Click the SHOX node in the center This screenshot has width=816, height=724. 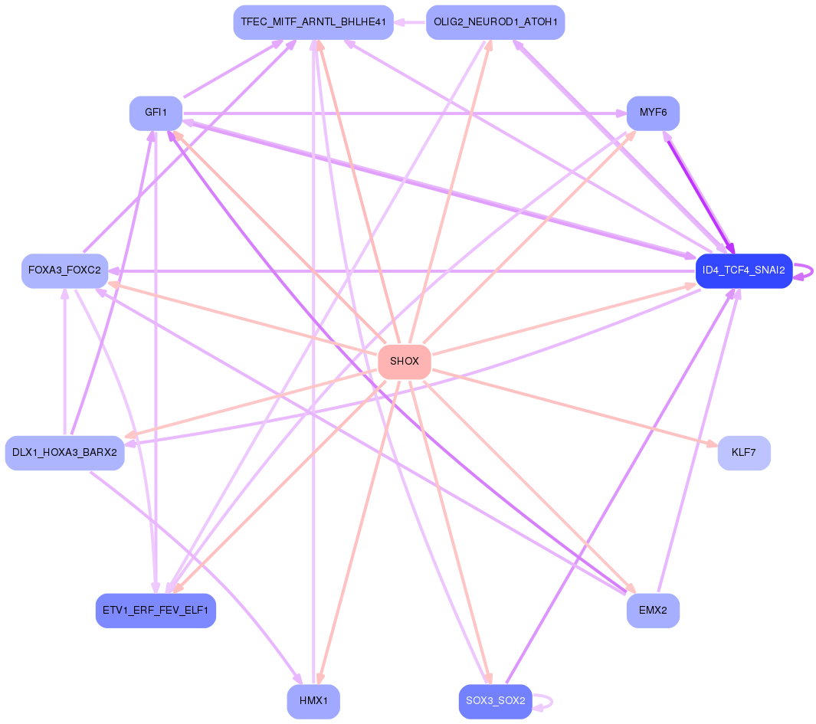[x=405, y=361]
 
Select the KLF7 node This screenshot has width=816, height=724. [x=744, y=453]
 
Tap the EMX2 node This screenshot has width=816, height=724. [x=653, y=611]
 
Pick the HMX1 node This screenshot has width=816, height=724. [x=313, y=701]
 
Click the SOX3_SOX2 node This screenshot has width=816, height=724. [x=495, y=701]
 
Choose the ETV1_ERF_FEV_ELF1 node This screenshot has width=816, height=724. [x=156, y=611]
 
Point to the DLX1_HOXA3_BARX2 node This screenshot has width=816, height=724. [x=64, y=453]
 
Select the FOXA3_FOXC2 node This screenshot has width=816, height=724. [x=64, y=270]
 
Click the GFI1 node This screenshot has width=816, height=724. [x=156, y=113]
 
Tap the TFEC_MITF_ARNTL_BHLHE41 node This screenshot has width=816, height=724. [x=313, y=22]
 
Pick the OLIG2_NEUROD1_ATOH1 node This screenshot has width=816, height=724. [x=495, y=22]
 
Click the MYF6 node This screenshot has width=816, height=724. [x=653, y=113]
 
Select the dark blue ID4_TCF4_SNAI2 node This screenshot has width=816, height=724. [x=744, y=270]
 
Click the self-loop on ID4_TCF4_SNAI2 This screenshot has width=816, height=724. [x=804, y=271]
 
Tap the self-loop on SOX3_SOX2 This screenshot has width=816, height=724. [x=542, y=702]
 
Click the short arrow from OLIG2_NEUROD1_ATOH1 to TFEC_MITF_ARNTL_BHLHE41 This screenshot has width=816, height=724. [x=410, y=22]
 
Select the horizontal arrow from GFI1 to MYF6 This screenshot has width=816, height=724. [x=405, y=113]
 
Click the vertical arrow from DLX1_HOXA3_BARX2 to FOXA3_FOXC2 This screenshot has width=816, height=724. [x=64, y=362]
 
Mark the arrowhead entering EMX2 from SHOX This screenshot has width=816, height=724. [x=631, y=588]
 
